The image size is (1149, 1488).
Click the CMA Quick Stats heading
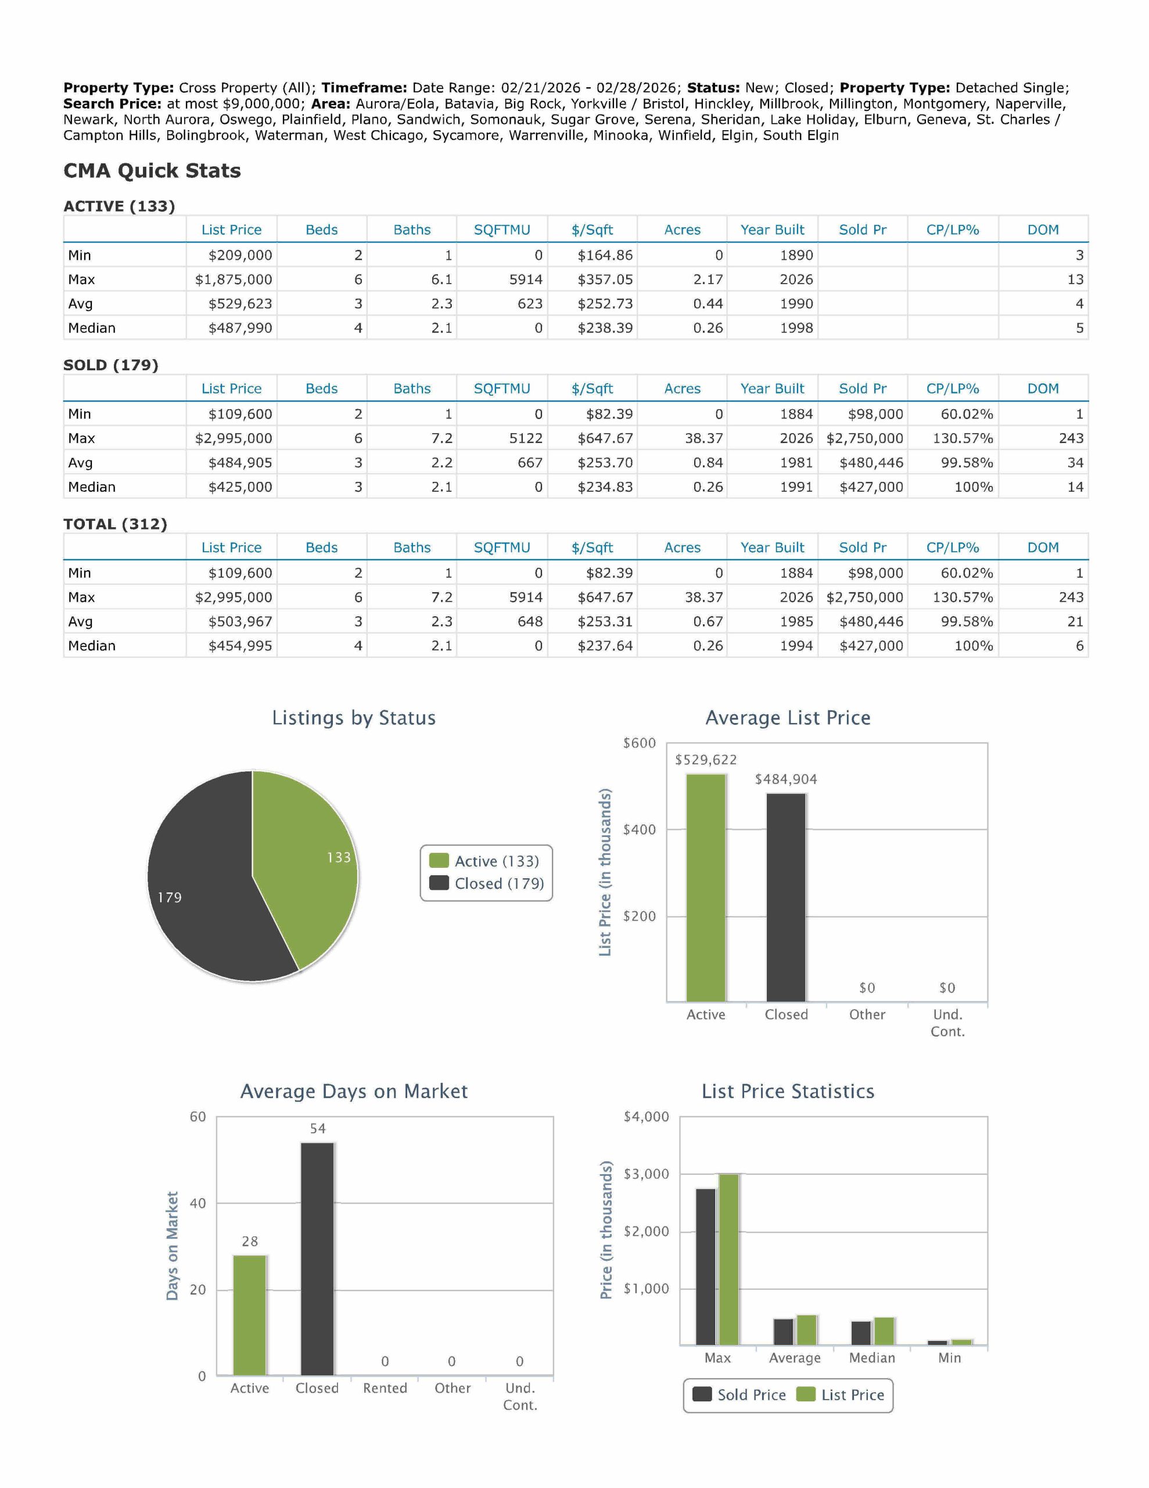152,170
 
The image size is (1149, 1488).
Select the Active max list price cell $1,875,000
234,280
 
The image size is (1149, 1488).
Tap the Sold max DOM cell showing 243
1071,438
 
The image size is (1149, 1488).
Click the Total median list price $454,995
240,645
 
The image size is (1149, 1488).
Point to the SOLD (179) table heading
110,364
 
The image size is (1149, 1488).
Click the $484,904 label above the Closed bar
785,779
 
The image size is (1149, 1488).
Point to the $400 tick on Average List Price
639,829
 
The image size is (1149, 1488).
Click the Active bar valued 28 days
250,1314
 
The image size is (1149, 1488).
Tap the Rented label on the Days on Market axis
385,1388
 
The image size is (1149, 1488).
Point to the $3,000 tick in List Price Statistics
646,1174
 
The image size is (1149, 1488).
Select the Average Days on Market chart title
354,1092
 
